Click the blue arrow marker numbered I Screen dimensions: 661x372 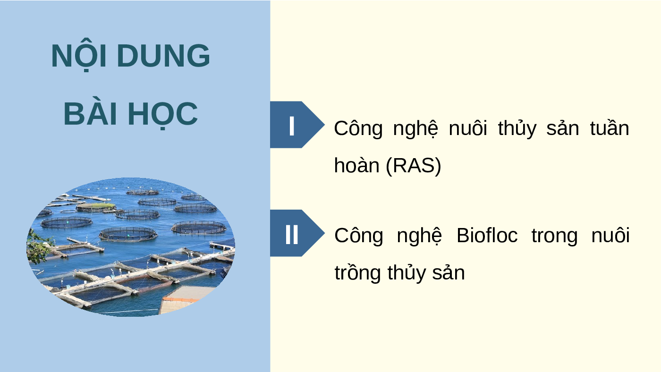[297, 125]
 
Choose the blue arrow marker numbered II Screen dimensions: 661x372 [297, 233]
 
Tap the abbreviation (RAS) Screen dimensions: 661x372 [414, 166]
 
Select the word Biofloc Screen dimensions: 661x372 [487, 236]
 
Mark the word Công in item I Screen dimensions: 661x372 [358, 128]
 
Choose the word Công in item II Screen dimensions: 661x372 [359, 235]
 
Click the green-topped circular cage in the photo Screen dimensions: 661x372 [96, 206]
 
